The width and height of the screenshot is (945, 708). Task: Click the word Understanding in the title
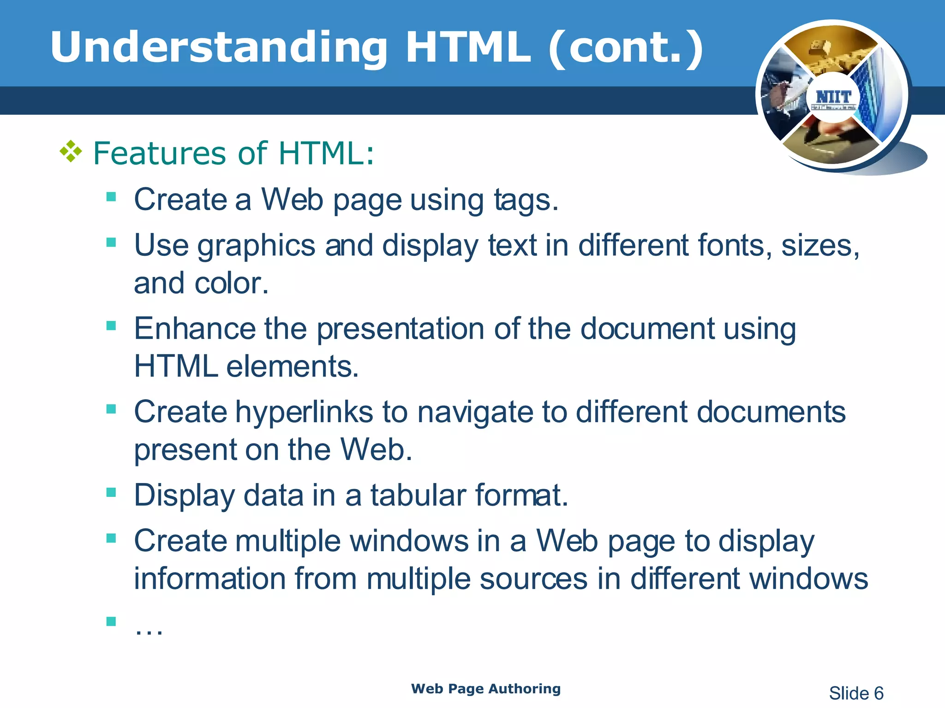click(219, 48)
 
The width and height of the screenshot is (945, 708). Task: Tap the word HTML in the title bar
click(468, 47)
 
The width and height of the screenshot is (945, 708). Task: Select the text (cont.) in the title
click(625, 48)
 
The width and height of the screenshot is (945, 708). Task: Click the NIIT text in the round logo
click(833, 97)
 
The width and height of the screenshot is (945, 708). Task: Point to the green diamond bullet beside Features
click(71, 152)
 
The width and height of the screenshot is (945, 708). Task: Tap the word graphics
click(256, 246)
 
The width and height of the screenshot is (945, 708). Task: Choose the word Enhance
click(194, 329)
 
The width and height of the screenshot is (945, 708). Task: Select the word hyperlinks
click(304, 412)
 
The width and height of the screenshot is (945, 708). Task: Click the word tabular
click(418, 496)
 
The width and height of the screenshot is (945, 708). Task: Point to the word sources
click(533, 578)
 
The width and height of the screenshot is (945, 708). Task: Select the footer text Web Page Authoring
click(486, 689)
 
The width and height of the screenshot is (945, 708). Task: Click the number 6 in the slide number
click(878, 693)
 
